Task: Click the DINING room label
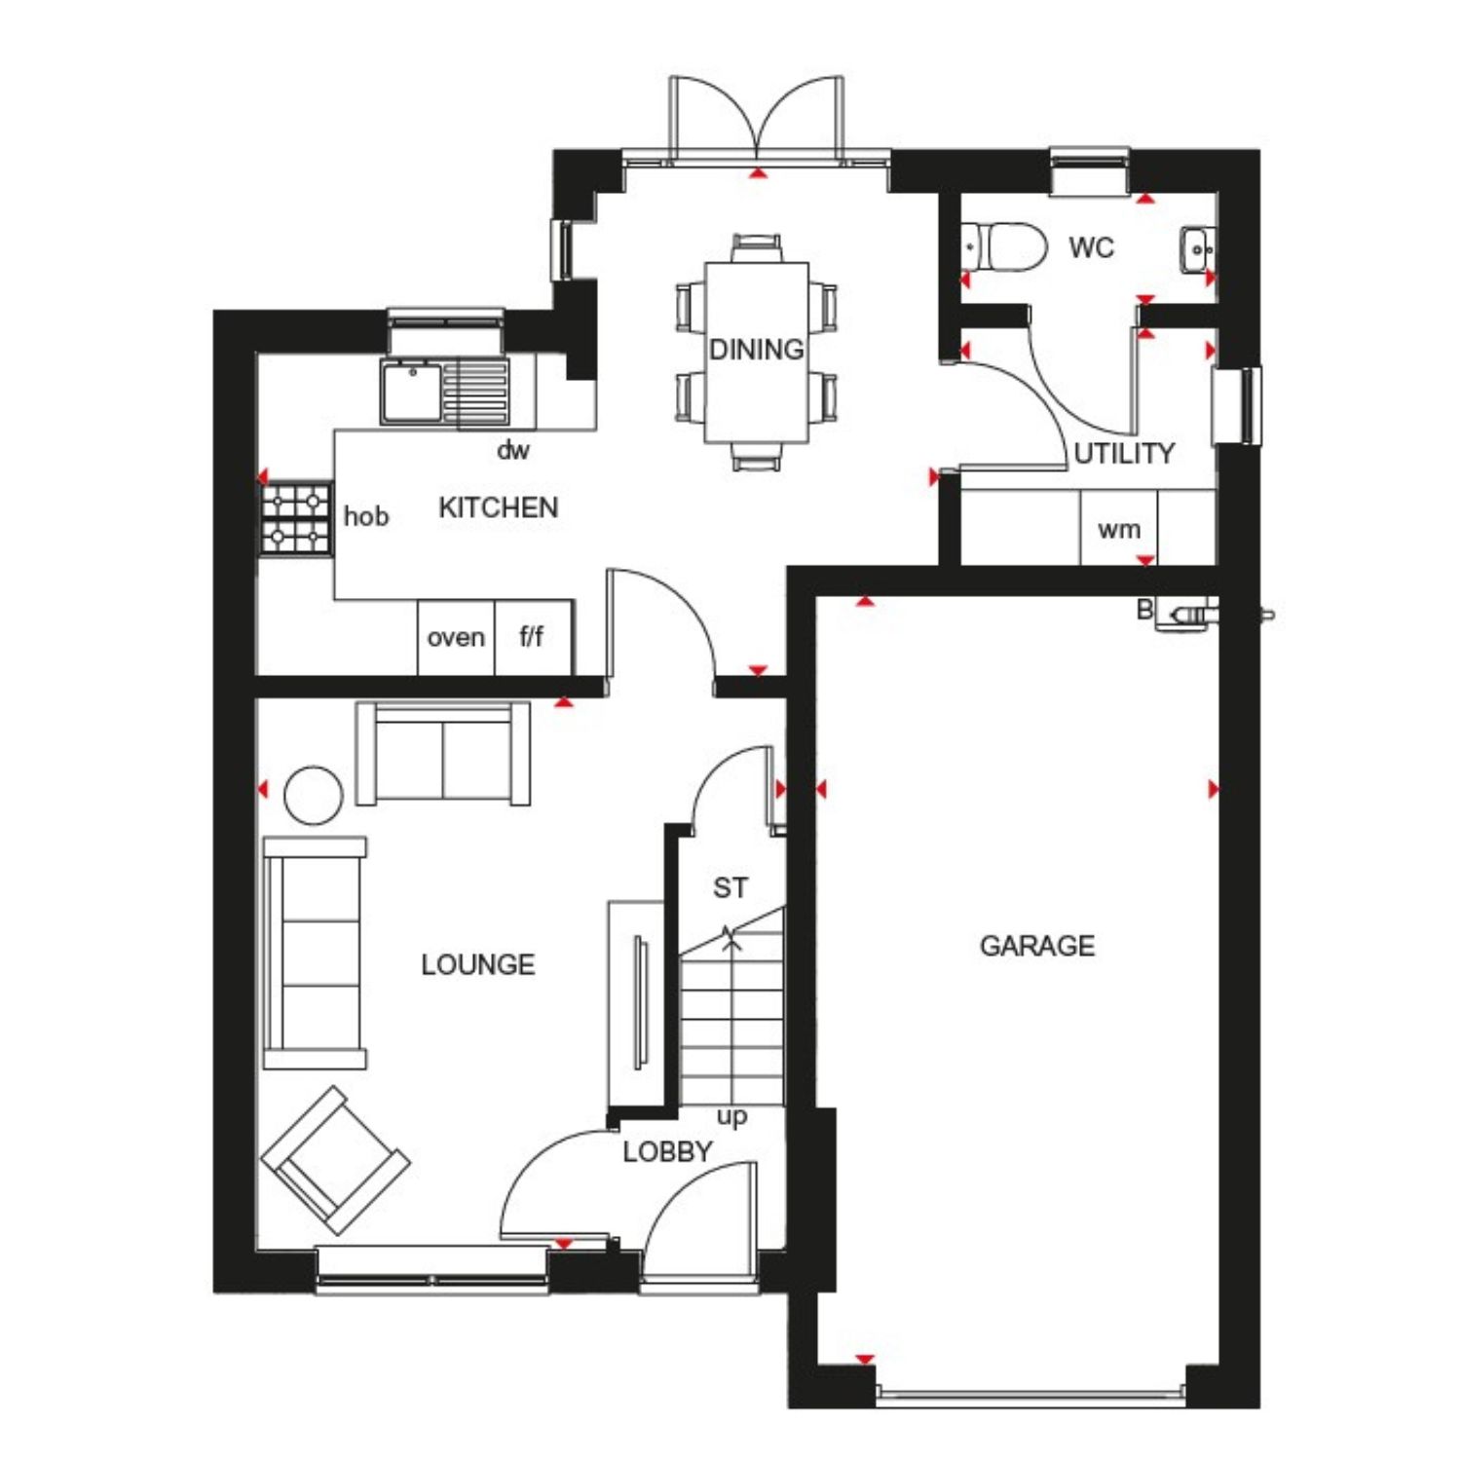pyautogui.click(x=757, y=349)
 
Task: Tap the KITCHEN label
pyautogui.click(x=499, y=507)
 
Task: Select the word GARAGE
pyautogui.click(x=1037, y=946)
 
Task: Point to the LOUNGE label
pyautogui.click(x=478, y=964)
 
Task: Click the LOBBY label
pyautogui.click(x=667, y=1151)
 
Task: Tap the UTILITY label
pyautogui.click(x=1124, y=453)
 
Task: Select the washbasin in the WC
pyautogui.click(x=1197, y=250)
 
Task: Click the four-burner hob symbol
pyautogui.click(x=296, y=519)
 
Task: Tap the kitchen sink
pyautogui.click(x=445, y=393)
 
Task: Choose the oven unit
pyautogui.click(x=456, y=637)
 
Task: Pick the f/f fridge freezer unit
pyautogui.click(x=534, y=637)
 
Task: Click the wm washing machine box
pyautogui.click(x=1119, y=528)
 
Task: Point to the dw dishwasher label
pyautogui.click(x=513, y=450)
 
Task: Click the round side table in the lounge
pyautogui.click(x=313, y=795)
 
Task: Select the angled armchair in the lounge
pyautogui.click(x=335, y=1160)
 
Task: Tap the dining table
pyautogui.click(x=757, y=353)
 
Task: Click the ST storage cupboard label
pyautogui.click(x=730, y=888)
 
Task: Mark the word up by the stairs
pyautogui.click(x=731, y=1117)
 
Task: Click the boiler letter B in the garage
pyautogui.click(x=1145, y=610)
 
